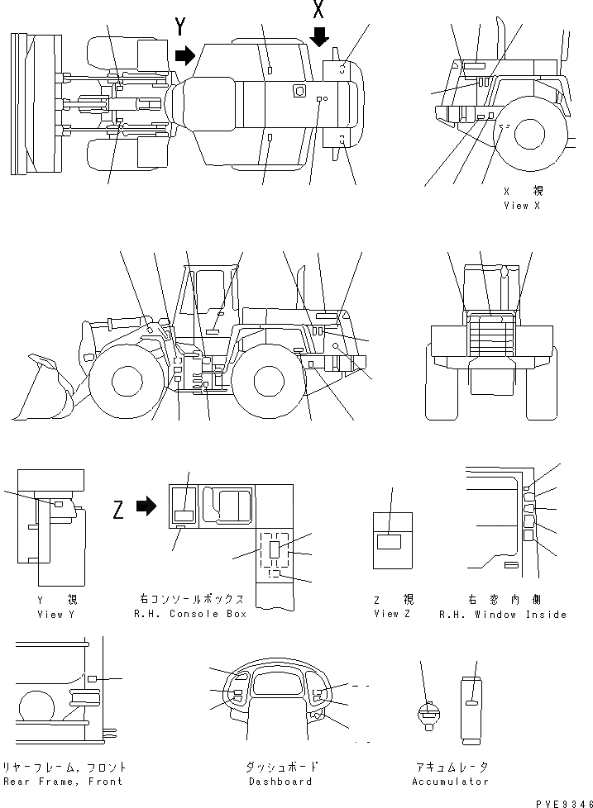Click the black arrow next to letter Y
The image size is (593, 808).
tap(184, 55)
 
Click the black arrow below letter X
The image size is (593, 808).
tap(319, 36)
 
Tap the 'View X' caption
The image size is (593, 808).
tap(521, 206)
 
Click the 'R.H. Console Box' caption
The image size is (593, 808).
tap(190, 615)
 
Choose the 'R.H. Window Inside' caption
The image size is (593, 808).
tap(502, 615)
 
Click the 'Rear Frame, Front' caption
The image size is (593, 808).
tap(63, 782)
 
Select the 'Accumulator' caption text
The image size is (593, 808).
tap(450, 782)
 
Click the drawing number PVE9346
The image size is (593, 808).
tap(562, 801)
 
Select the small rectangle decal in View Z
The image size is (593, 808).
tap(389, 542)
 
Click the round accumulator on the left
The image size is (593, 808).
tap(428, 714)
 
